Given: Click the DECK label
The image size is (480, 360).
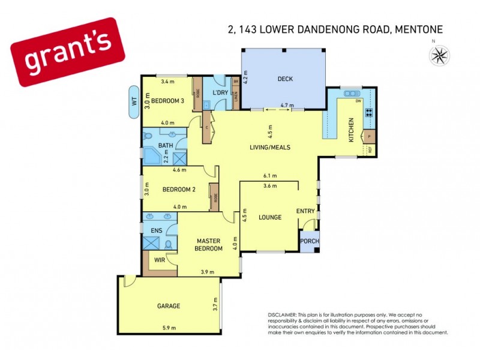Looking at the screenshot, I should pyautogui.click(x=284, y=79).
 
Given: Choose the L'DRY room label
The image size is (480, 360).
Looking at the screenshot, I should pyautogui.click(x=219, y=93).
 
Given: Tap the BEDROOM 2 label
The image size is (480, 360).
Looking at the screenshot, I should pyautogui.click(x=179, y=190).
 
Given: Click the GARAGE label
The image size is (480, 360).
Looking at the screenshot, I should pyautogui.click(x=169, y=306).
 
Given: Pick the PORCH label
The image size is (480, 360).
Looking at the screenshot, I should pyautogui.click(x=310, y=242).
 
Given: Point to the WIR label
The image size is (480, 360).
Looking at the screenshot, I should pyautogui.click(x=160, y=260).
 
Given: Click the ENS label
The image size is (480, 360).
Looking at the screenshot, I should pyautogui.click(x=155, y=230).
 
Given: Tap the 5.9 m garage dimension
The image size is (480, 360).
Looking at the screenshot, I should pyautogui.click(x=169, y=328).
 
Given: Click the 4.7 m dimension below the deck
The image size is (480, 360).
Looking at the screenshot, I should pyautogui.click(x=288, y=106).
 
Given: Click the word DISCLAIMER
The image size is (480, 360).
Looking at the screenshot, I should pyautogui.click(x=282, y=315).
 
